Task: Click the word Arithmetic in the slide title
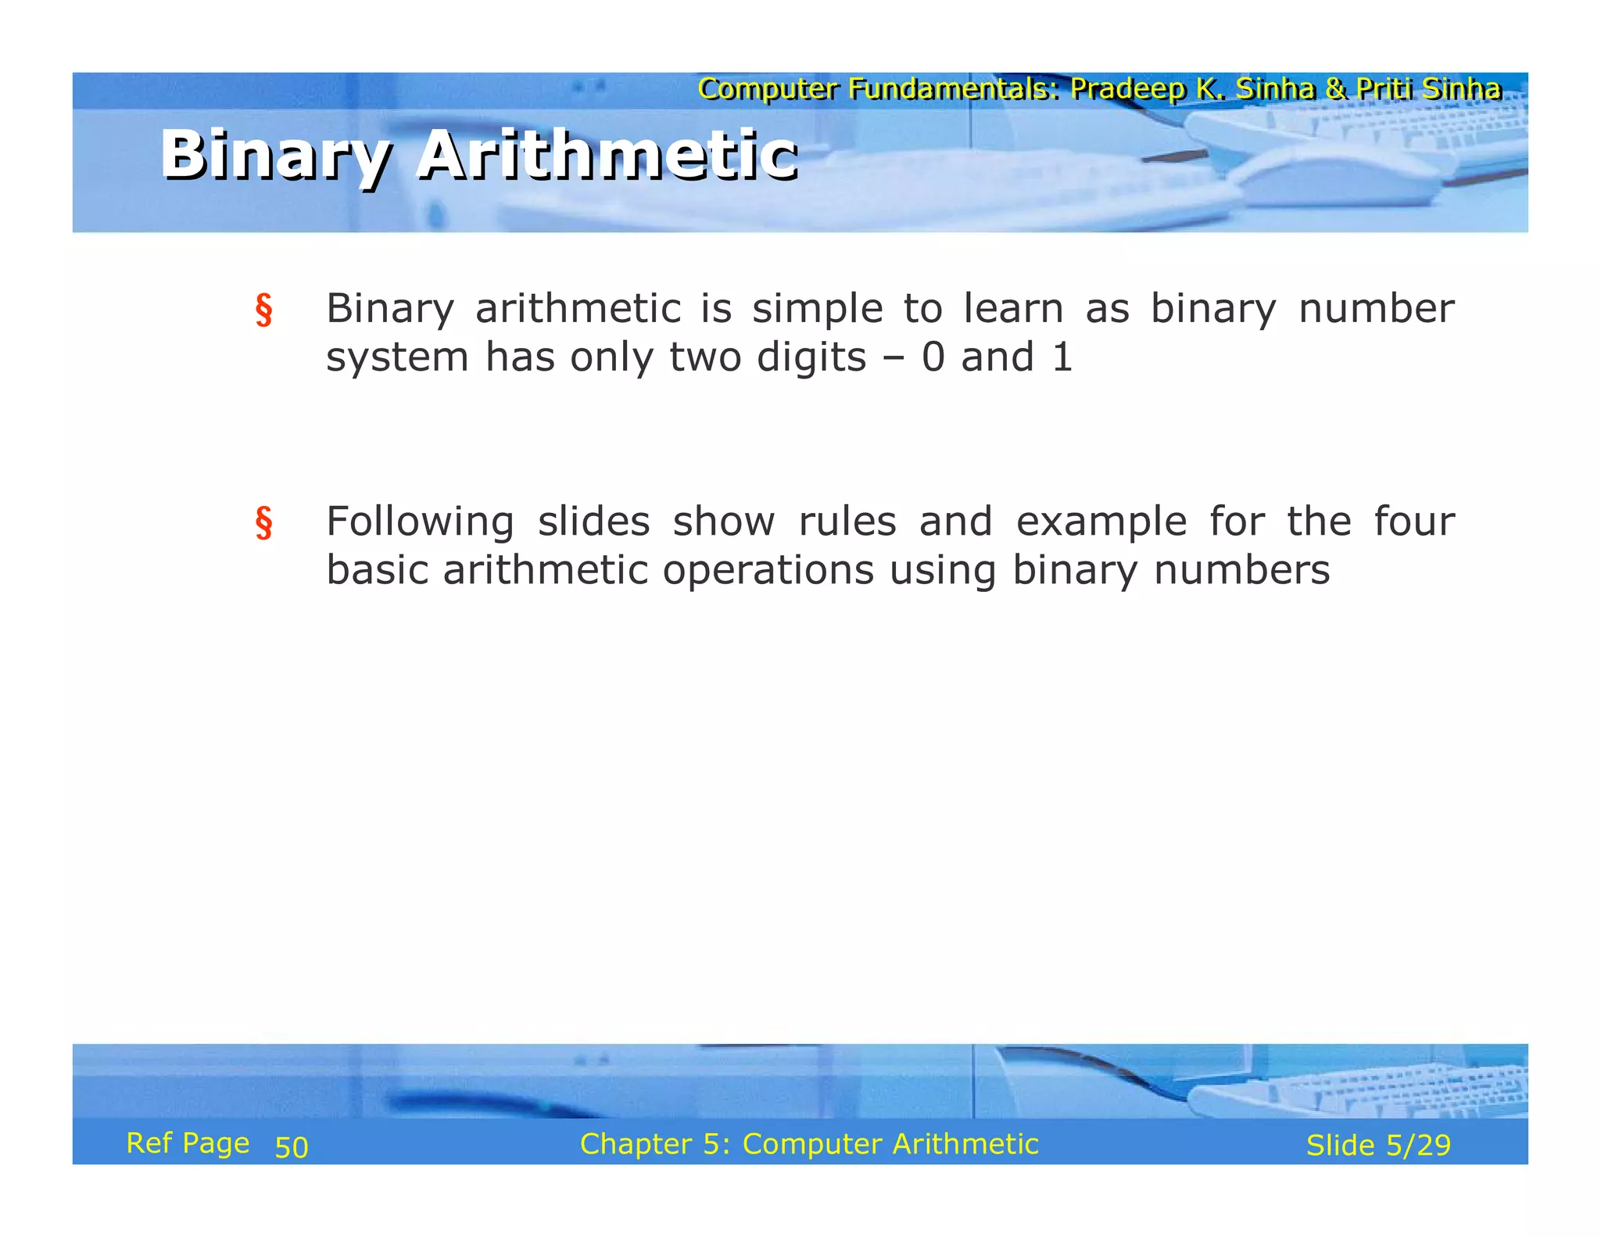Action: tap(607, 155)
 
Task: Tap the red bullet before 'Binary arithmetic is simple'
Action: tap(264, 310)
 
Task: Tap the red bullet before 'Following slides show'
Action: tap(264, 522)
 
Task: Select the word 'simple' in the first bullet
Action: tap(817, 309)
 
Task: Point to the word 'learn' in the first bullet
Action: tap(1013, 309)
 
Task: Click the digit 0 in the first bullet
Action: tap(933, 357)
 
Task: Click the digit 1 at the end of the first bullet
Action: tap(1062, 357)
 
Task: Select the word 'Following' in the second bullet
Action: tap(420, 522)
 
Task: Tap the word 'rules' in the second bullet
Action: tap(847, 522)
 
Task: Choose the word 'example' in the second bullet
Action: tap(1101, 522)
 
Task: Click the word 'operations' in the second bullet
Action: tap(768, 571)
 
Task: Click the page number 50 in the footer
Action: tap(292, 1147)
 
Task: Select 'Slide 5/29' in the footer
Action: tap(1378, 1145)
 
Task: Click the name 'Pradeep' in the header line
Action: tap(1127, 89)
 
